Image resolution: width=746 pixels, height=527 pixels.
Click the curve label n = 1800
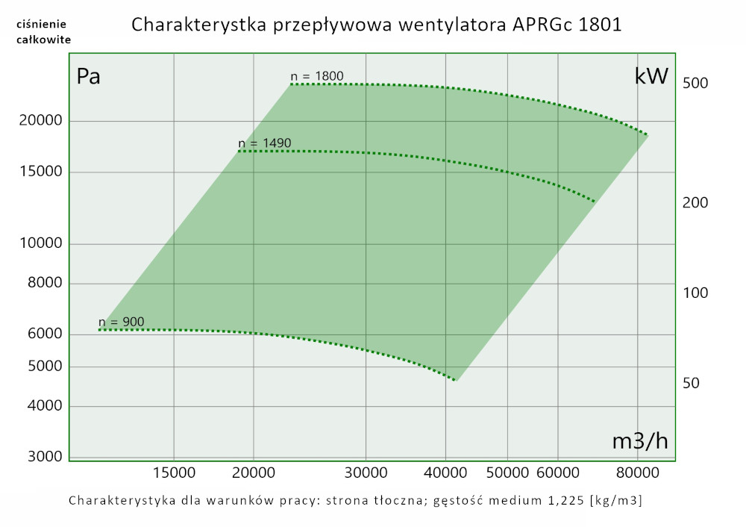[x=317, y=76]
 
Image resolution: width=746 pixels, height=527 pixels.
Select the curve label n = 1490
[x=264, y=143]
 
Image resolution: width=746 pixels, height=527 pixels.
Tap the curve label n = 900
[x=122, y=322]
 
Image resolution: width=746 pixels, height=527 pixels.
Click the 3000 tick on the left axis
[x=43, y=456]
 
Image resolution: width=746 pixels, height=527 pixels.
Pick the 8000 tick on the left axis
[x=43, y=284]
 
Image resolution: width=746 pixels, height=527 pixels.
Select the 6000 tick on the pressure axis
[x=43, y=334]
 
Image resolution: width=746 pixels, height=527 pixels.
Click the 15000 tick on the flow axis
[x=174, y=473]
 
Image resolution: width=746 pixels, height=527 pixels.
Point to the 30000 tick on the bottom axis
[x=366, y=473]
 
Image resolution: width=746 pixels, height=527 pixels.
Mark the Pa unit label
[x=89, y=76]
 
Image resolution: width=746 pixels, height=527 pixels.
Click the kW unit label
[x=651, y=76]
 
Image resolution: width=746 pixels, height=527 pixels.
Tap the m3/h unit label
[x=640, y=441]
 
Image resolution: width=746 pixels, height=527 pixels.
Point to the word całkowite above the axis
[x=44, y=40]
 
